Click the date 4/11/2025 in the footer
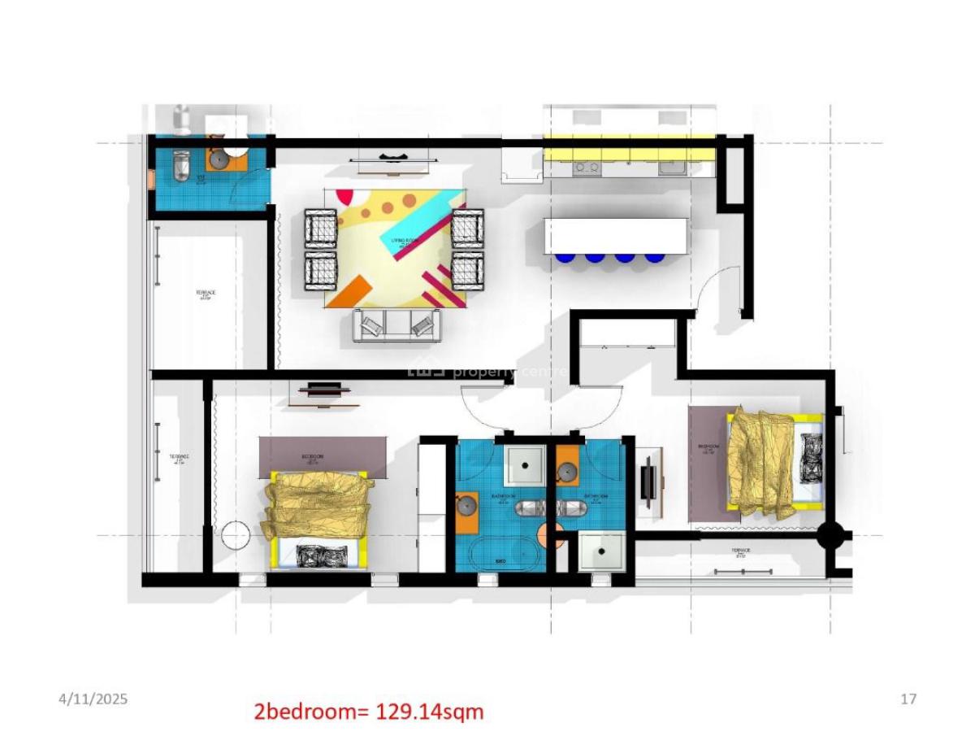(93, 699)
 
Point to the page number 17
(908, 699)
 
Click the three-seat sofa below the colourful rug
(397, 325)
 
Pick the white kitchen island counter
(616, 235)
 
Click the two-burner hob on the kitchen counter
(586, 168)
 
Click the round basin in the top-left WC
(218, 159)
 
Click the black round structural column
(830, 535)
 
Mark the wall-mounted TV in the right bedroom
(648, 481)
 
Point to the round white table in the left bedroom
(236, 537)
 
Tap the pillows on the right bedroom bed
(811, 458)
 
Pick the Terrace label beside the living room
(206, 294)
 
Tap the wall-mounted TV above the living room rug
(392, 156)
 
